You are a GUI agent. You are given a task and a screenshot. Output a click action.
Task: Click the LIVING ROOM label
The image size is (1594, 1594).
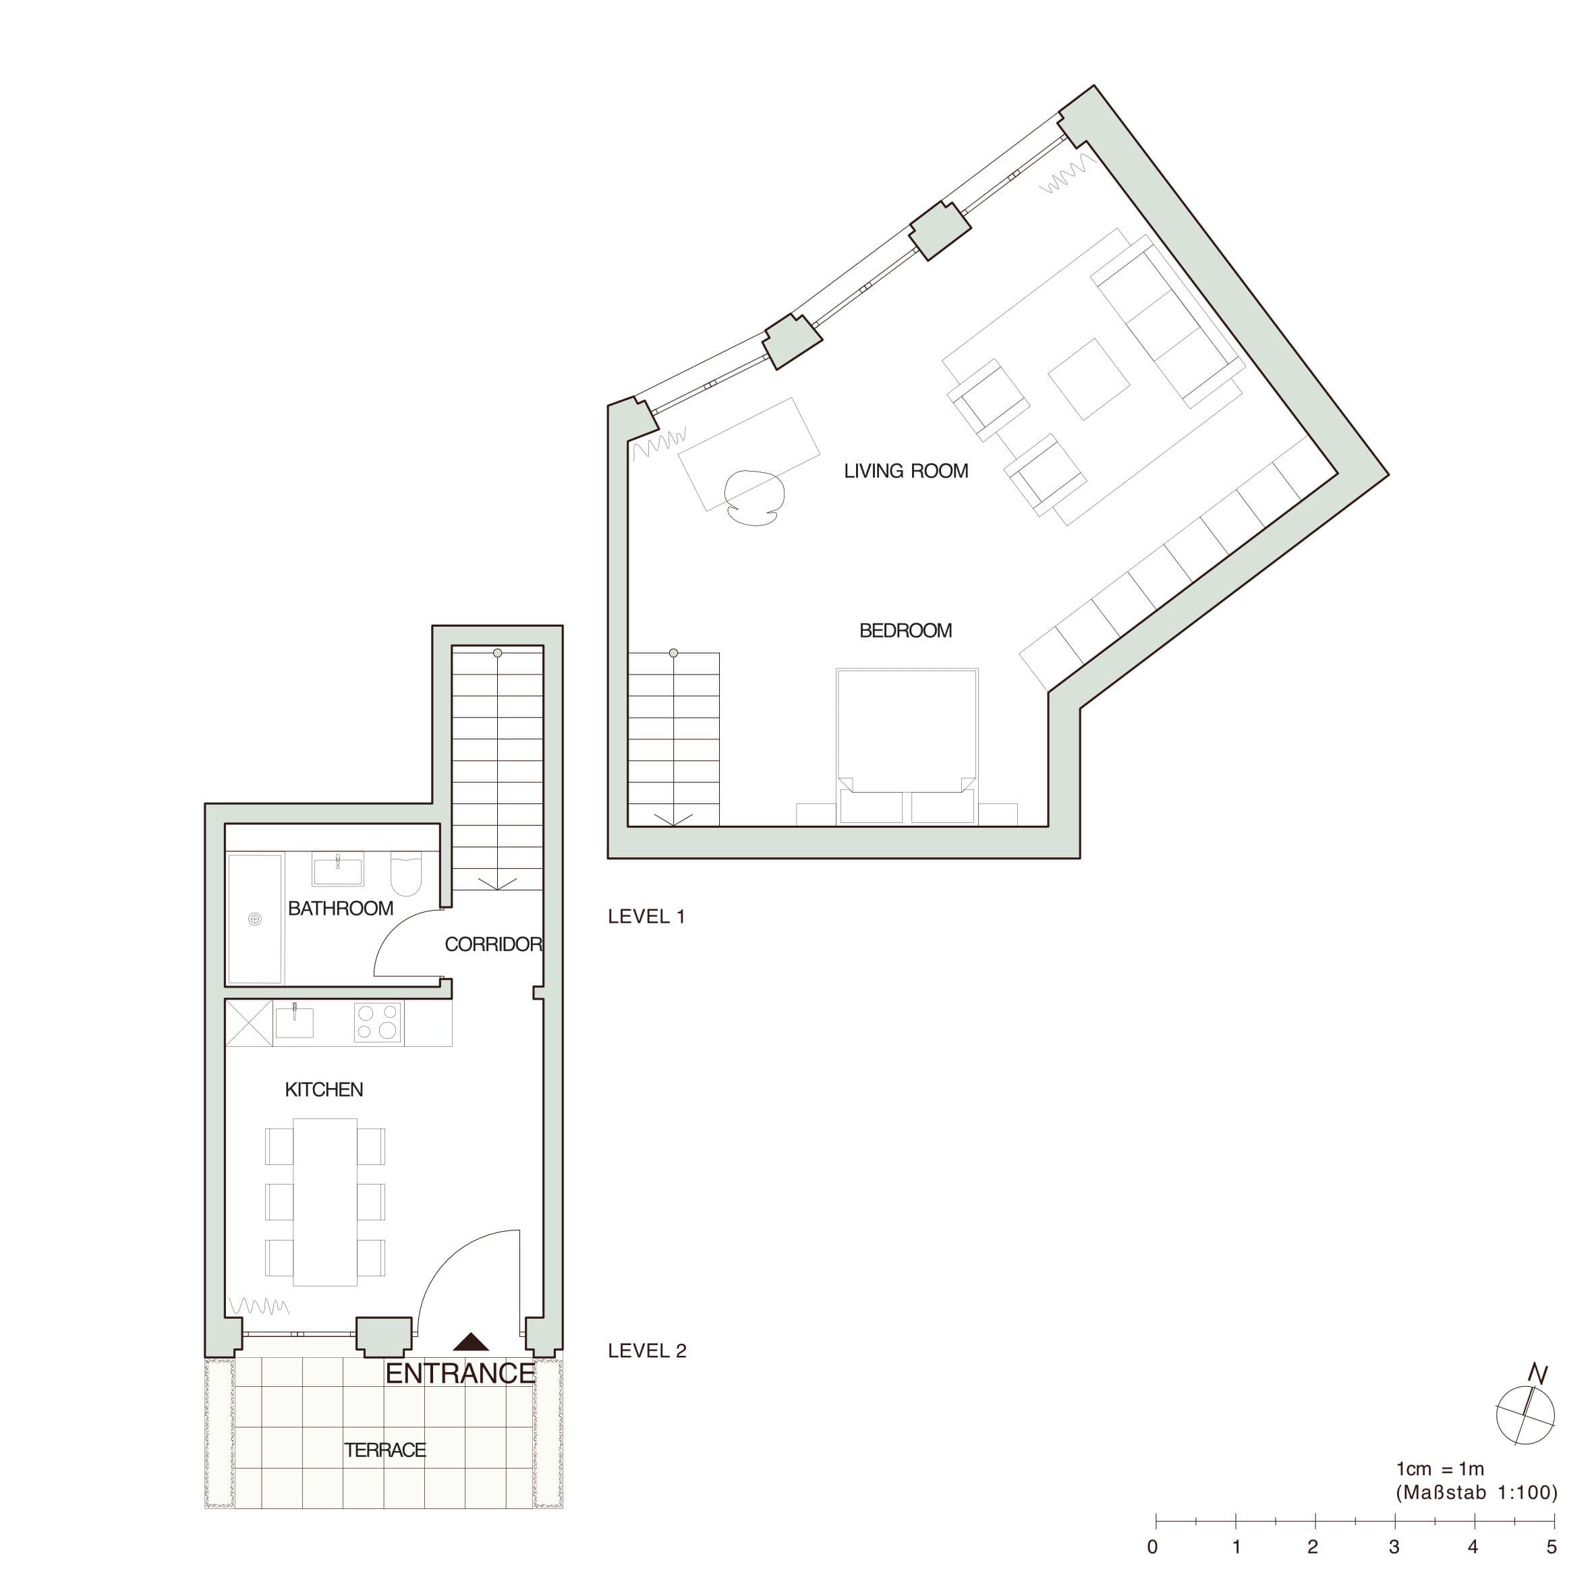click(x=905, y=471)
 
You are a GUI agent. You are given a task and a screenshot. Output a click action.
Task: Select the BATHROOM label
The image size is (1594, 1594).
click(x=340, y=909)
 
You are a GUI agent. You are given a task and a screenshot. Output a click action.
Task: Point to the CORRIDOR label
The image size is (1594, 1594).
click(x=492, y=944)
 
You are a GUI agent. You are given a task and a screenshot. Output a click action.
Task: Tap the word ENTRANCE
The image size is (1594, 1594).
click(x=460, y=1373)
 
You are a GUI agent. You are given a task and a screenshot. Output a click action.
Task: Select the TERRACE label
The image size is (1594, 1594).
click(x=385, y=1450)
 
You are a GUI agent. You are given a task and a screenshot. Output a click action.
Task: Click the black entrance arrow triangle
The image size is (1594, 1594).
click(x=470, y=1342)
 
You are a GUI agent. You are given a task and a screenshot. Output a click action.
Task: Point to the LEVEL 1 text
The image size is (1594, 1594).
click(x=646, y=916)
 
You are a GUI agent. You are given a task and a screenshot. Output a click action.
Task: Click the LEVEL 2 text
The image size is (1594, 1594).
click(x=647, y=1350)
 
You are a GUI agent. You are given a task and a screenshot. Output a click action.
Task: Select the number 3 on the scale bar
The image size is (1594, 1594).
click(x=1394, y=1547)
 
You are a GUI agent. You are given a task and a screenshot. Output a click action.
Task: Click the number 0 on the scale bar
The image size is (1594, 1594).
click(x=1154, y=1547)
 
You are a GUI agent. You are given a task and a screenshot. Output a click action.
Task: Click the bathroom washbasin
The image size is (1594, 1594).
click(x=337, y=870)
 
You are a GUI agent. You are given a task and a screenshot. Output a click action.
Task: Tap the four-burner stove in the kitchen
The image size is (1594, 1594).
click(x=378, y=1023)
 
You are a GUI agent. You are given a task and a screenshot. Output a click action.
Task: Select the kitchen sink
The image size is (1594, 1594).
click(x=295, y=1021)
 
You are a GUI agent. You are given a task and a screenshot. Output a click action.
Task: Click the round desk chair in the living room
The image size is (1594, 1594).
click(x=751, y=498)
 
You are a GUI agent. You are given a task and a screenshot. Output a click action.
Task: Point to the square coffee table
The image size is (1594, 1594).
click(x=1088, y=380)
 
